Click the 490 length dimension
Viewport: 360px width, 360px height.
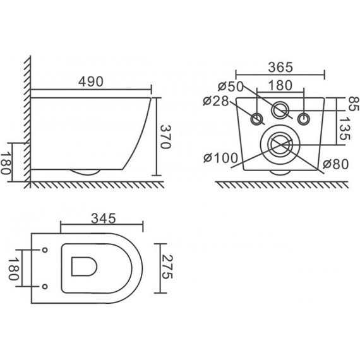click(x=91, y=81)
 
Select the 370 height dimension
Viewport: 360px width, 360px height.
click(x=165, y=137)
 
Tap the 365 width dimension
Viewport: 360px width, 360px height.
click(x=280, y=68)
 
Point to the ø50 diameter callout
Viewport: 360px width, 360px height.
click(x=231, y=87)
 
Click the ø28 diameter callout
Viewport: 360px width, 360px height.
click(x=216, y=101)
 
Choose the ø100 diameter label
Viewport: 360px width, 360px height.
click(x=221, y=158)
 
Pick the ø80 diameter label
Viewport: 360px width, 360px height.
click(x=335, y=164)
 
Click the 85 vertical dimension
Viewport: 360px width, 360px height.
click(x=353, y=104)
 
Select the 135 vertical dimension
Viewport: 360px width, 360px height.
click(x=345, y=129)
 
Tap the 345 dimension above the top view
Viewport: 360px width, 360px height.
click(x=104, y=219)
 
